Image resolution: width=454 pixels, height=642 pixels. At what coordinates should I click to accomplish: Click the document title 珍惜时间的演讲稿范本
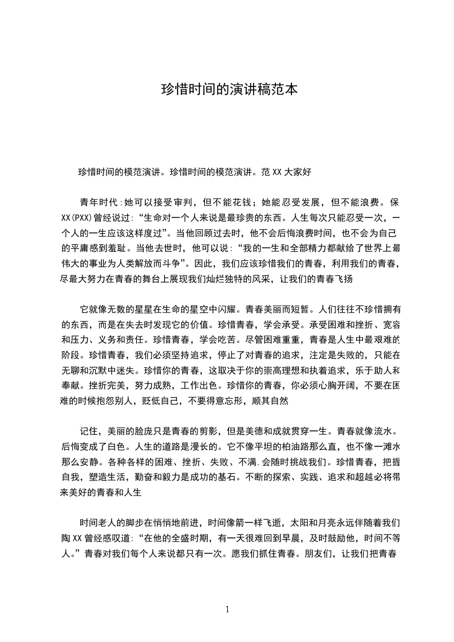pyautogui.click(x=227, y=90)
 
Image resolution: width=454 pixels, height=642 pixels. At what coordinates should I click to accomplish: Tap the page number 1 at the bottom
pyautogui.click(x=227, y=609)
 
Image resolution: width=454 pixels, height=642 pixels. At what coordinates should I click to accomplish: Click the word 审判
pyautogui.click(x=182, y=202)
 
